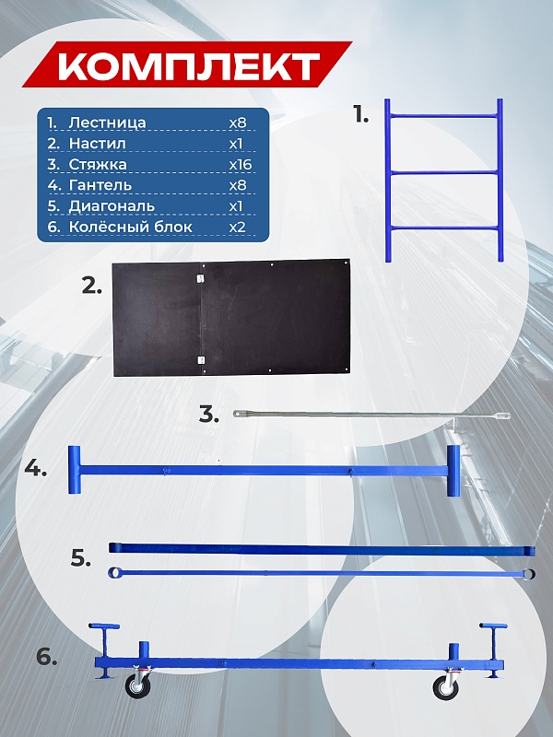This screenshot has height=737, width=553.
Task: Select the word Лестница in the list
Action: point(107,123)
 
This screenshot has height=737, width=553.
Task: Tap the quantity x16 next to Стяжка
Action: point(241,165)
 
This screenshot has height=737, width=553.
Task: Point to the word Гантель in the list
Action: point(100,185)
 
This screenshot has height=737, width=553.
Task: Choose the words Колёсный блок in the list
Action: point(130,227)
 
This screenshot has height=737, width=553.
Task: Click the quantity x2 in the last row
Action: point(238,227)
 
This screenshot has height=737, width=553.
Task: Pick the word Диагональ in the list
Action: point(112,206)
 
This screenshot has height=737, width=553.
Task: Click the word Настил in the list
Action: point(98,144)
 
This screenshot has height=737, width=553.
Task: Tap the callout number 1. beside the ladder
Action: point(361,114)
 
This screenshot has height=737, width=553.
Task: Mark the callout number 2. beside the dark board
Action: point(91,286)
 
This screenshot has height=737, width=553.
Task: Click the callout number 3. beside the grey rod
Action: point(209,415)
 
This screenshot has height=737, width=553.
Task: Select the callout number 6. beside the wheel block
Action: point(47,657)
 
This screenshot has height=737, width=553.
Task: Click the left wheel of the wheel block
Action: point(137,686)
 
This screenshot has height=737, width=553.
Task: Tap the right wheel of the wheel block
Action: point(445,688)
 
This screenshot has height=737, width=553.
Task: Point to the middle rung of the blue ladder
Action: point(444,173)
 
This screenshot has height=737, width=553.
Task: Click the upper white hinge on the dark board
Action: point(201,278)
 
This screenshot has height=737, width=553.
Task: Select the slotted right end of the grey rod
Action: point(501,415)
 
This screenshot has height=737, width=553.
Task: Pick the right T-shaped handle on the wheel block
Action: point(493,650)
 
